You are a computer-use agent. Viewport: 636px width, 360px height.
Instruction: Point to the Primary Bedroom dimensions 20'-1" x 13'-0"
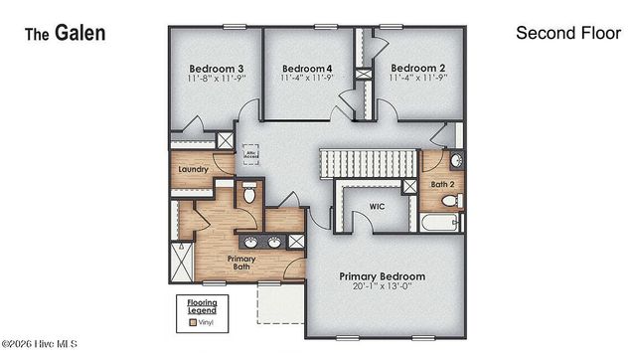382,288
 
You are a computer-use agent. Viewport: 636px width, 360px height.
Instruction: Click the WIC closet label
377,207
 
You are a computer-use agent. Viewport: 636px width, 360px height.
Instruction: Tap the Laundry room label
193,169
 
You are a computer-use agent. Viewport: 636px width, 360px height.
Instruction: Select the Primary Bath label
243,264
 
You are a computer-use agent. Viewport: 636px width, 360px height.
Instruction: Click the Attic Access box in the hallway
251,156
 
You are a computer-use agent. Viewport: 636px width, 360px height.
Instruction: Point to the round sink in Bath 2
456,161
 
